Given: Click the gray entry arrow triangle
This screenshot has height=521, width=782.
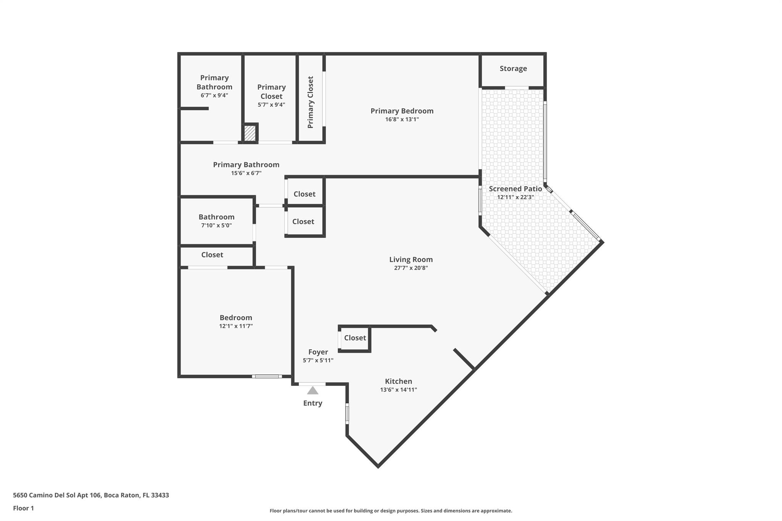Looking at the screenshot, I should point(313,390).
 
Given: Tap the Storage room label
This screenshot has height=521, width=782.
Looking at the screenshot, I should point(513,69).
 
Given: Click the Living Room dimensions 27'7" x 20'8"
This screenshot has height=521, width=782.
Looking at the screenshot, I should point(411,268).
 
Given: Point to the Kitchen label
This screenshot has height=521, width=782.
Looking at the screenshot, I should point(398,381).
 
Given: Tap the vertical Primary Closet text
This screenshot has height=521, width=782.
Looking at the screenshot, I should point(310,102).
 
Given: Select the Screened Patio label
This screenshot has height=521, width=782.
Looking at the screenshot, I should point(515,189).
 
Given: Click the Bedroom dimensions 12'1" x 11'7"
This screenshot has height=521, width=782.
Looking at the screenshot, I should point(236,326).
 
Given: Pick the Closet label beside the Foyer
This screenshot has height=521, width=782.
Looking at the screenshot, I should point(355,338).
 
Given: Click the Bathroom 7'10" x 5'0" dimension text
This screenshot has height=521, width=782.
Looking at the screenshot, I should point(217,226).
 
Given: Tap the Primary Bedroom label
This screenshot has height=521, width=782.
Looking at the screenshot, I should point(402,111).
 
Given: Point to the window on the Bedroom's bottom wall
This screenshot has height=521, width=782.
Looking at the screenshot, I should point(267,377).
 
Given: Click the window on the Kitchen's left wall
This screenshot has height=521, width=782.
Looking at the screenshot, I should point(347,414).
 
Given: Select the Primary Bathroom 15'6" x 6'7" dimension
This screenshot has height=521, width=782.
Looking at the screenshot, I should point(246,173).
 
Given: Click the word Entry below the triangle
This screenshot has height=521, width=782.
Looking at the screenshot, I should point(313,403).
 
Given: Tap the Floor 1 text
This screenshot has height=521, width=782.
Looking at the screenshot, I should point(23,508).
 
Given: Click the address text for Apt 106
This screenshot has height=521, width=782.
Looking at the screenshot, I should point(91,495).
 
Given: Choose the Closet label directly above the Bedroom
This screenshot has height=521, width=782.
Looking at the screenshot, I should point(212,255).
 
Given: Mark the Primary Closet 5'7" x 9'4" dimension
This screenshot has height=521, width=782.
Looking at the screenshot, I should point(271,105).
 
